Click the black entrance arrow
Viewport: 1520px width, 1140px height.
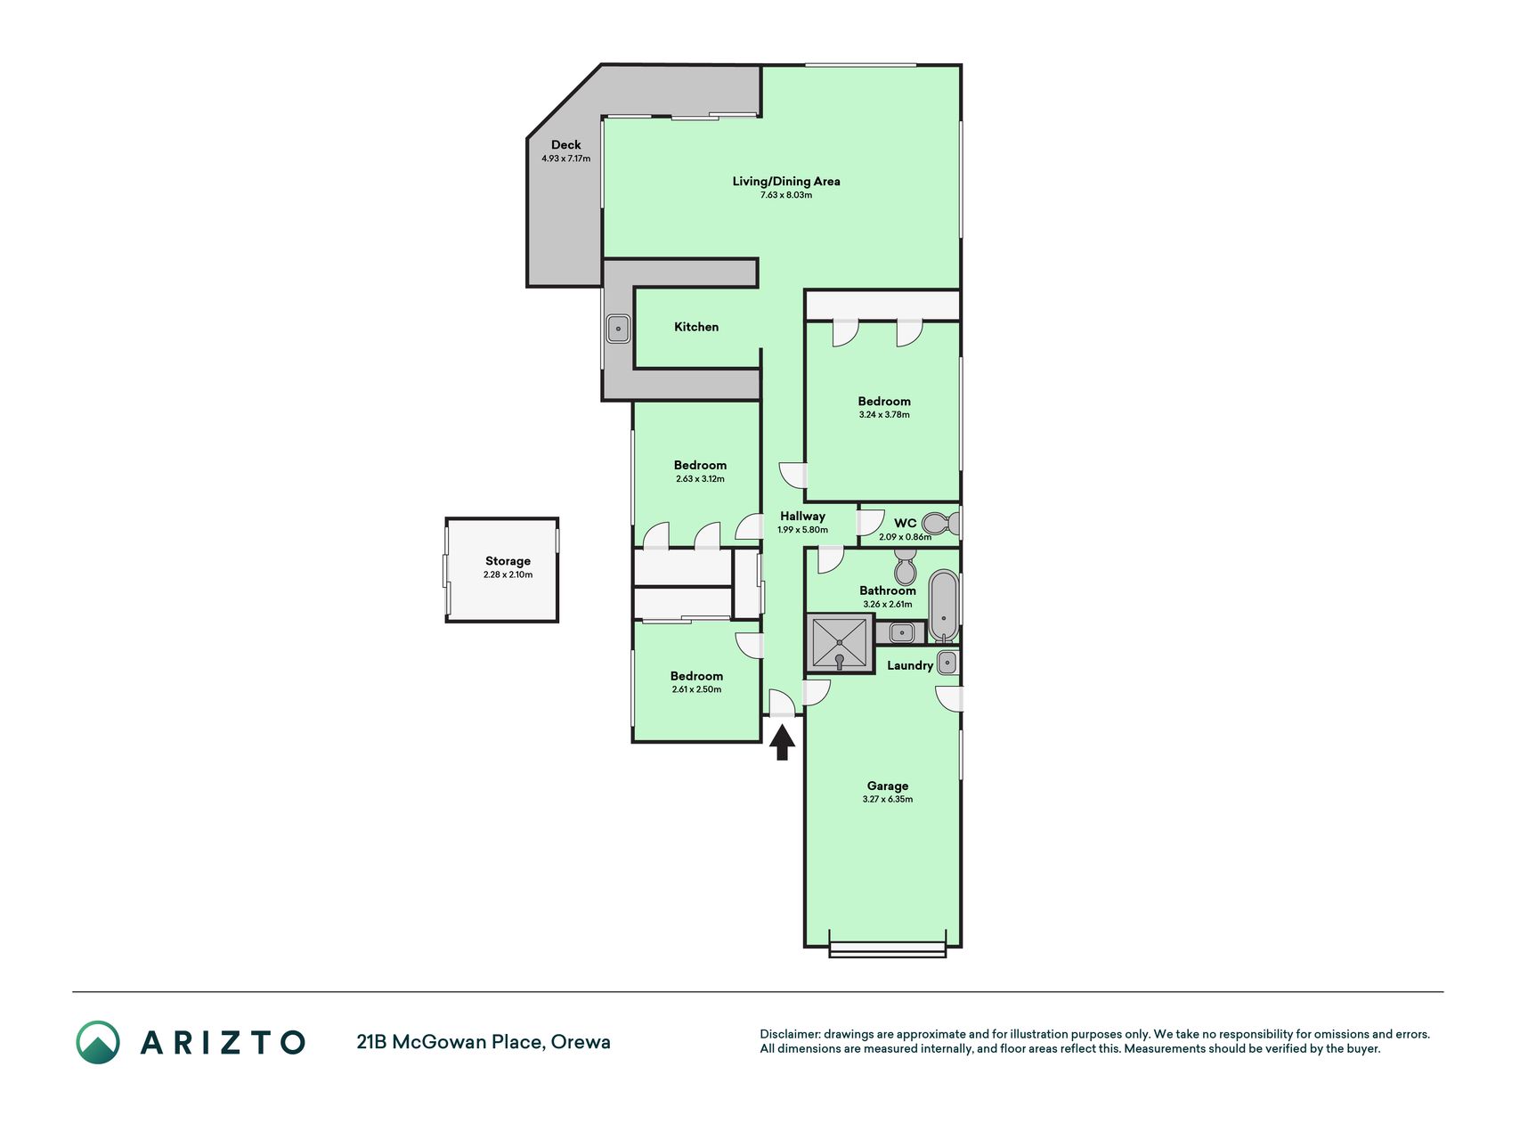[x=782, y=742]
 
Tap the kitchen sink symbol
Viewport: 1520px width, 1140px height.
[x=618, y=329]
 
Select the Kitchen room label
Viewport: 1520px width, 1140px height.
[x=696, y=327]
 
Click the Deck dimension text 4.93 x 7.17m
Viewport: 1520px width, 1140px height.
[x=565, y=159]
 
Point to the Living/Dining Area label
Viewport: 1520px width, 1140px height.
[x=786, y=181]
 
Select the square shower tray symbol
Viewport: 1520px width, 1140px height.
[x=840, y=642]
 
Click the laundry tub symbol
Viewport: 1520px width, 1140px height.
[x=948, y=662]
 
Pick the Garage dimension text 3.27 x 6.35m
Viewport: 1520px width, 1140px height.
[x=887, y=800]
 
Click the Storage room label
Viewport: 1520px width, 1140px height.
[x=508, y=561]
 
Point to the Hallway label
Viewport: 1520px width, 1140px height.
[x=802, y=516]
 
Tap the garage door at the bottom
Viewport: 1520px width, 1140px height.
[x=887, y=949]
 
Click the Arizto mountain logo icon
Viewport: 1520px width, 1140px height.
[x=98, y=1042]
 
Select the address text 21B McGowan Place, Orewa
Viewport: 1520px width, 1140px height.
[x=484, y=1042]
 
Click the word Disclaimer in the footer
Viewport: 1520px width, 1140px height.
[x=789, y=1034]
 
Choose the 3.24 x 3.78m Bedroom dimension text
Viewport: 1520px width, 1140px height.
[x=884, y=415]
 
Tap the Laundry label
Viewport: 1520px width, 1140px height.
[x=910, y=665]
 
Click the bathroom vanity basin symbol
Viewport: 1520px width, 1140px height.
[x=901, y=633]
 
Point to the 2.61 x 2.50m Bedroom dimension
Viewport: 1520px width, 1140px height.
[x=696, y=689]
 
